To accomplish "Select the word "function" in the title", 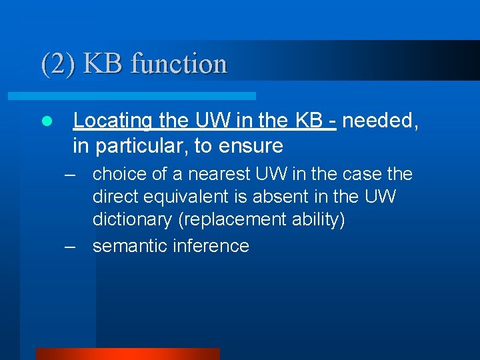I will [x=179, y=64].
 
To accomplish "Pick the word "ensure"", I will [x=252, y=145].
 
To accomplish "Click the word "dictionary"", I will [x=133, y=220].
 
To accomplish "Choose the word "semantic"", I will [x=130, y=245].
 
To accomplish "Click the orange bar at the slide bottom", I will [x=127, y=353].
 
